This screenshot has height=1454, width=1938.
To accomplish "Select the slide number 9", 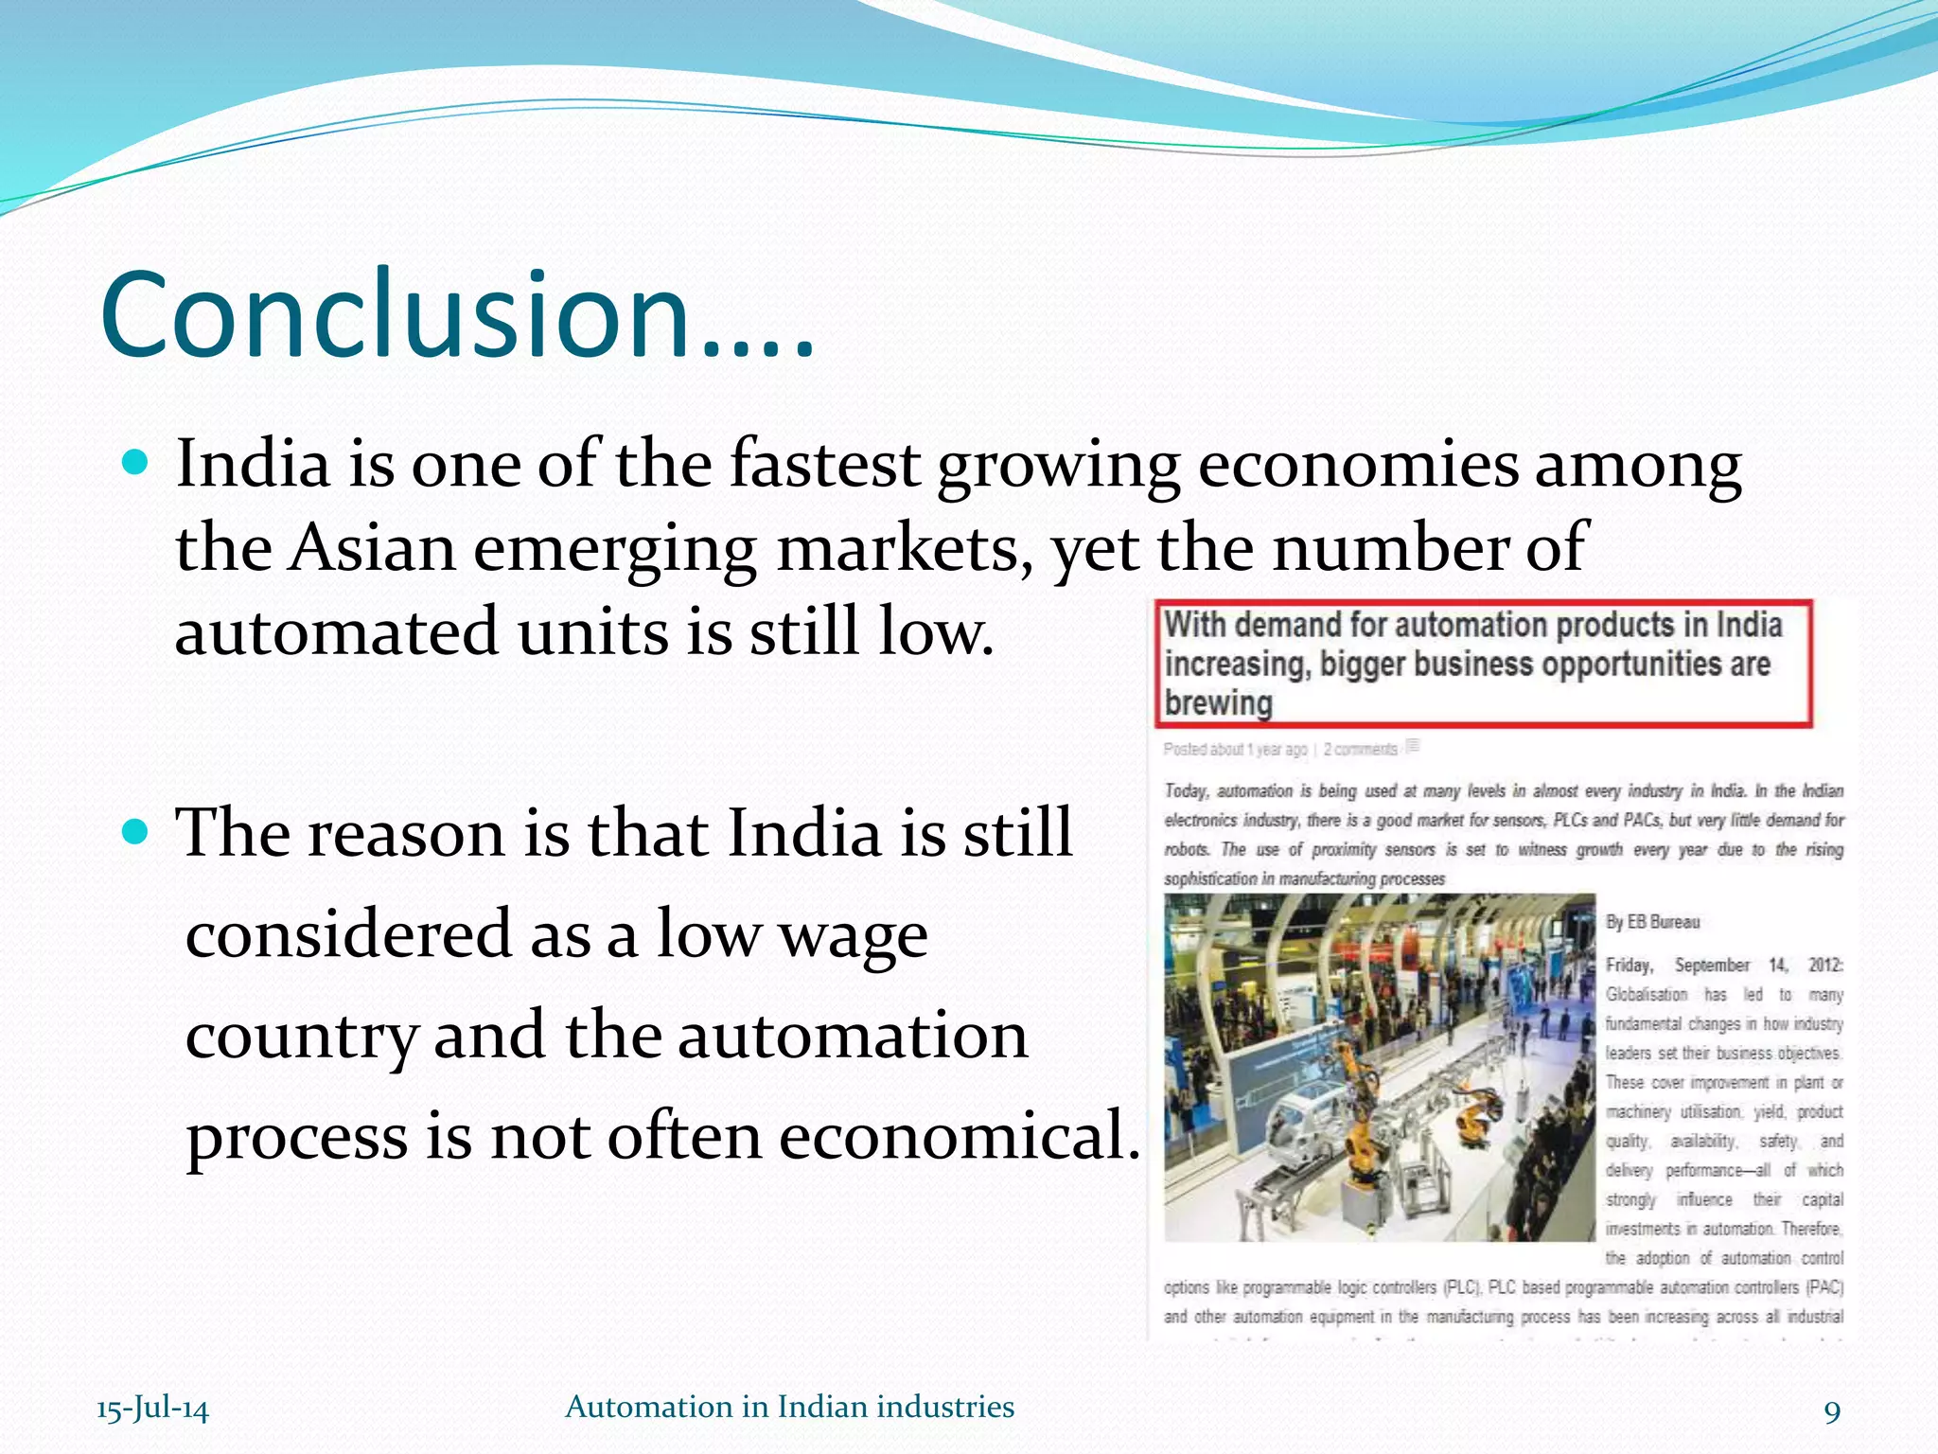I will point(1832,1411).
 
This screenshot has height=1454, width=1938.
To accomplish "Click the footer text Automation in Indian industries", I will point(789,1407).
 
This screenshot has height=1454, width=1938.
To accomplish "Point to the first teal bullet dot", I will point(136,463).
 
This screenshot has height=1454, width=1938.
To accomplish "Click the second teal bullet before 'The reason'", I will point(136,831).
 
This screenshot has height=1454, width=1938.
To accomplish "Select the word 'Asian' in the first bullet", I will point(371,548).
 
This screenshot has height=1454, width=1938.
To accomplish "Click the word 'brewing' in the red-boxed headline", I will point(1218,703).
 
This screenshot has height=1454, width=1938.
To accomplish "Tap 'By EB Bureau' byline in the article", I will point(1652,922).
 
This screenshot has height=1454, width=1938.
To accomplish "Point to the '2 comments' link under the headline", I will point(1360,750).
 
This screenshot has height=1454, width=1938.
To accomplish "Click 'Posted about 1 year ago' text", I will point(1235,750).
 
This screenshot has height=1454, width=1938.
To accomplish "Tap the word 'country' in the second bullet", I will point(301,1037).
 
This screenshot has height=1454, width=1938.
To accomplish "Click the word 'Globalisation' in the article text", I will point(1647,995).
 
